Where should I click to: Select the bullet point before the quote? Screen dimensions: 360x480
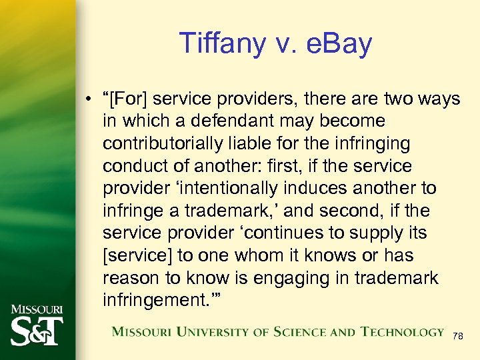coord(89,100)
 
